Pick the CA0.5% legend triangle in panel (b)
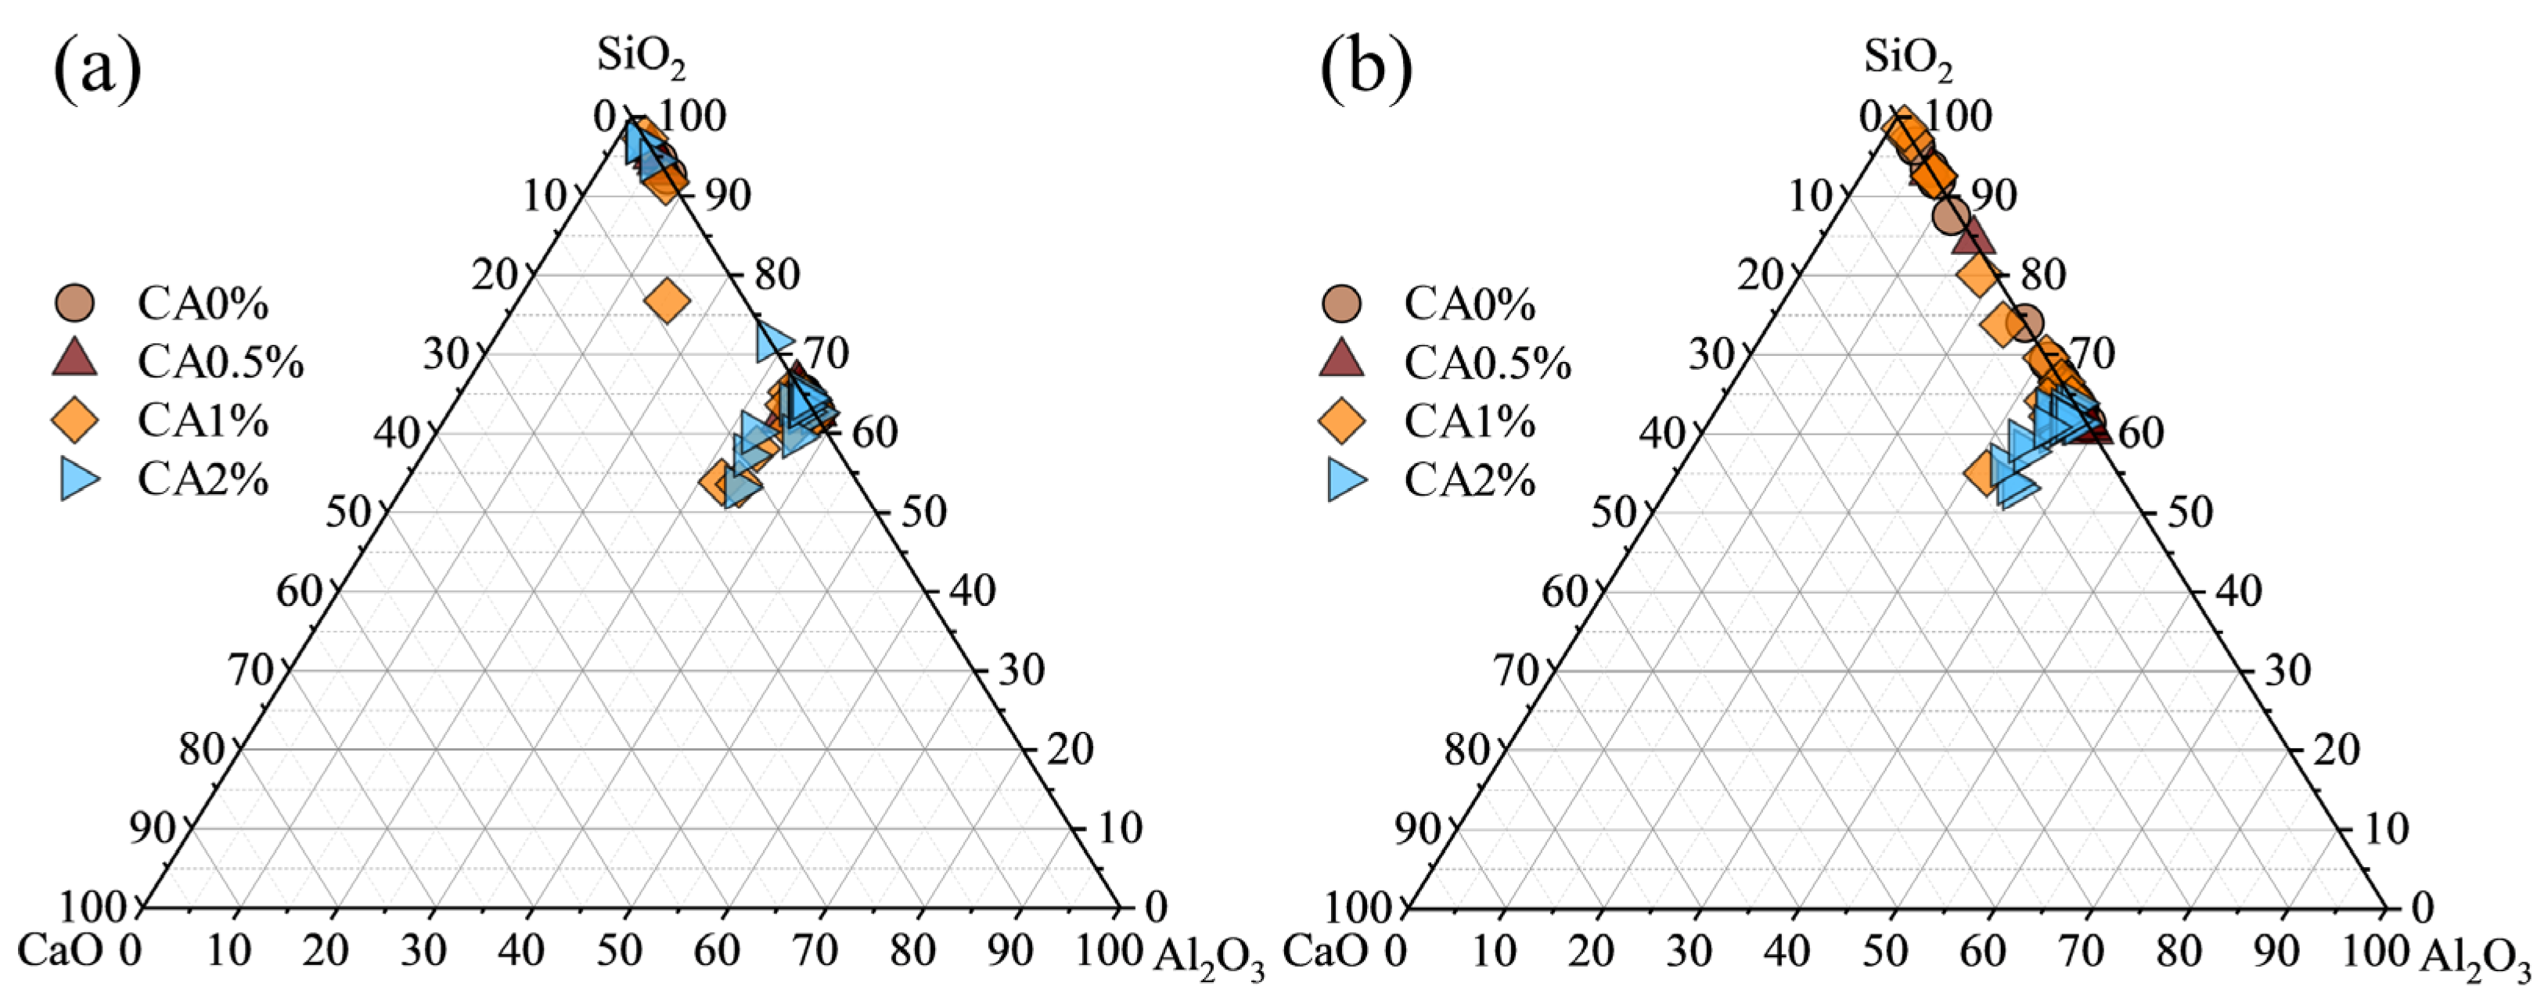[x=1341, y=360]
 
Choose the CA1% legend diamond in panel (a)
[x=75, y=421]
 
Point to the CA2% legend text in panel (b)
[x=1470, y=481]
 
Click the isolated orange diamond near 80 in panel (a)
[x=667, y=300]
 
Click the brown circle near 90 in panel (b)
[x=1952, y=214]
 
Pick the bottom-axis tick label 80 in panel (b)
[x=2179, y=950]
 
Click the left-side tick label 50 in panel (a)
[x=347, y=512]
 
